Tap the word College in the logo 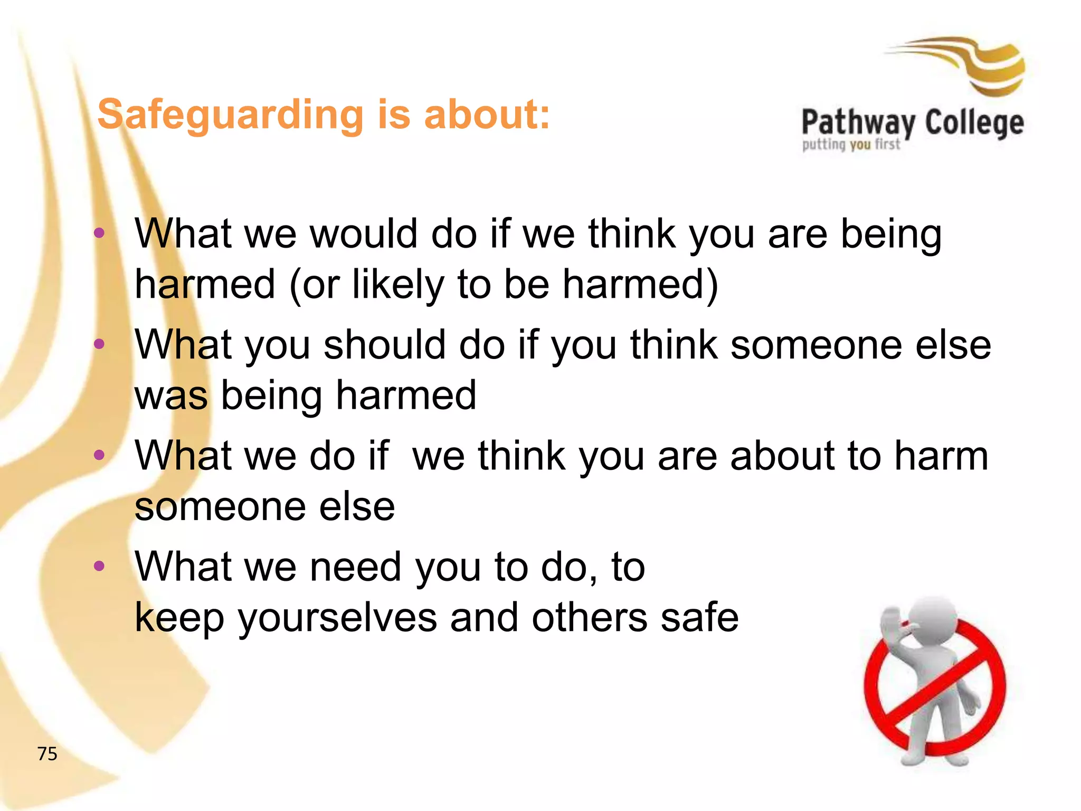(974, 124)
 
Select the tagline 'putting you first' (851, 144)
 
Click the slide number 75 (47, 753)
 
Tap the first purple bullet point (99, 233)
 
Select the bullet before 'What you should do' (99, 344)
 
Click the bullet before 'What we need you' (99, 566)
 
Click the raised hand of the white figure (892, 623)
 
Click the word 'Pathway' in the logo (858, 124)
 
